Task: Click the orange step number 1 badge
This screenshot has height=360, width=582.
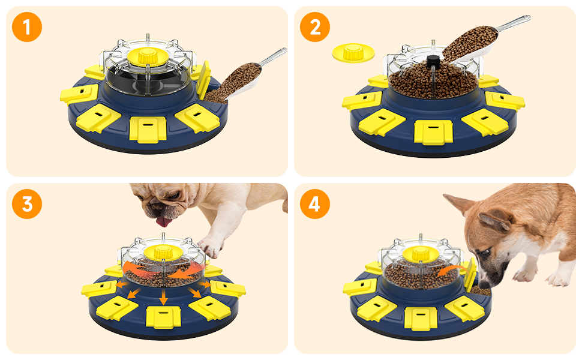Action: coord(27,27)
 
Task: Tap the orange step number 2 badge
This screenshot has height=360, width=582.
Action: coord(315,27)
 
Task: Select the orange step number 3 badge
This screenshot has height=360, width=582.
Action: coord(27,204)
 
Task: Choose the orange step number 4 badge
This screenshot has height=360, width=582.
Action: coord(315,204)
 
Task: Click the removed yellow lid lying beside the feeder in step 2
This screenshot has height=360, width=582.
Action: coord(353,53)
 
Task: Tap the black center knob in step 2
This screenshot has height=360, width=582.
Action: coord(433,62)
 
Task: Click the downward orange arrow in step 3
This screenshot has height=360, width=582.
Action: coord(163,296)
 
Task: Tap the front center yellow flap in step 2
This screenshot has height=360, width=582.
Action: coord(433,133)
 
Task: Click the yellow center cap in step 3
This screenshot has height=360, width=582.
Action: coord(163,253)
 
